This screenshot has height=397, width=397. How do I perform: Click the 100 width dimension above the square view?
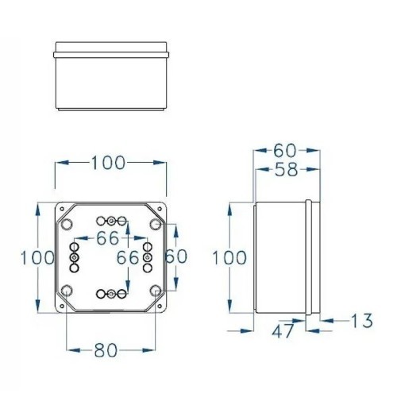click(110, 163)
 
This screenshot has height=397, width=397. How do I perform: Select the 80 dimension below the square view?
click(110, 348)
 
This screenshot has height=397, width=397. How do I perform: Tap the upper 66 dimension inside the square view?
click(110, 237)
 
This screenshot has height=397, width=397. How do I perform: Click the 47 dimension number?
click(281, 333)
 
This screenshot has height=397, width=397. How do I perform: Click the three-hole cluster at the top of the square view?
click(111, 220)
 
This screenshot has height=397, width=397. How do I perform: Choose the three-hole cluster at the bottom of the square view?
click(110, 295)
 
